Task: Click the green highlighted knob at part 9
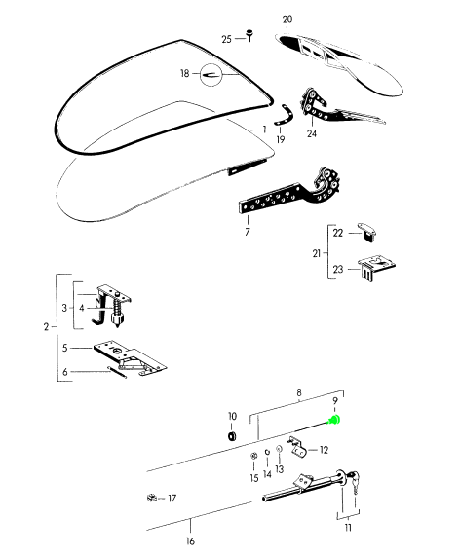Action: pos(335,420)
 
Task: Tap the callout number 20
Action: pos(287,19)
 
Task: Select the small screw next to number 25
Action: pos(249,35)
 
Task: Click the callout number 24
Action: pos(312,133)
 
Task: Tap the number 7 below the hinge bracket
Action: pos(248,232)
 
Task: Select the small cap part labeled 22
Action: pos(368,232)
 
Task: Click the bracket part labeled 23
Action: pos(376,267)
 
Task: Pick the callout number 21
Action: pos(317,253)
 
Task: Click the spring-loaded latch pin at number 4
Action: pos(117,311)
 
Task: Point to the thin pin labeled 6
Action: pos(117,373)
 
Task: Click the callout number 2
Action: pos(46,326)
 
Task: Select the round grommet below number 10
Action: pos(232,436)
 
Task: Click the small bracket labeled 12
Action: pos(298,447)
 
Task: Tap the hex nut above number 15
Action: pos(253,456)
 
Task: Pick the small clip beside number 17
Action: pos(152,498)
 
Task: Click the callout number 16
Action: pos(190,541)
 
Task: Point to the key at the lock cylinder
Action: pos(354,482)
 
